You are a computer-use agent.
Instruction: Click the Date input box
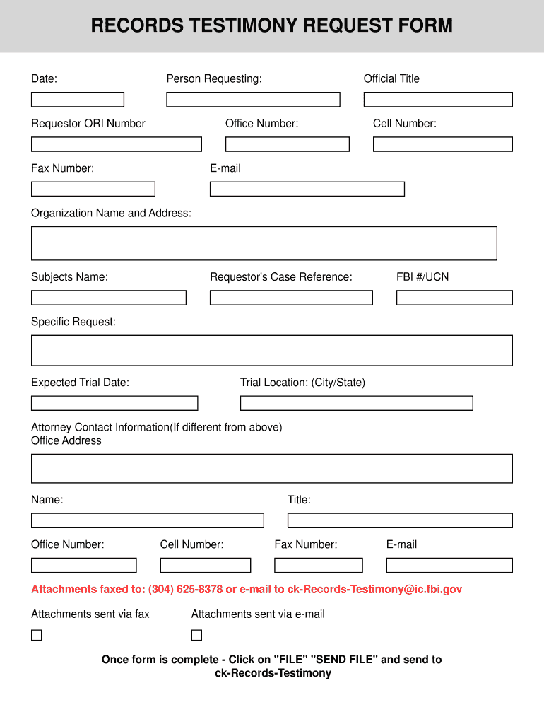point(77,100)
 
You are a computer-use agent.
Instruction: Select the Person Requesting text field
point(253,100)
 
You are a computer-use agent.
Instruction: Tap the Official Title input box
point(437,100)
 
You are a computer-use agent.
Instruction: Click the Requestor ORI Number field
point(116,144)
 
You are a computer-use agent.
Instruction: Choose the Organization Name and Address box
point(264,243)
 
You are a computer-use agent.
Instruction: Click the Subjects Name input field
point(108,298)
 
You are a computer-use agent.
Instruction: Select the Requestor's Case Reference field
point(291,298)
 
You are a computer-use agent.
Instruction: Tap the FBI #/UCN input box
point(454,298)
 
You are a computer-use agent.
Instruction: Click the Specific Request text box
point(271,351)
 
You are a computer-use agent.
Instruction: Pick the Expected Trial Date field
point(114,403)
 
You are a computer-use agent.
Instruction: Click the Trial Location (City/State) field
point(356,403)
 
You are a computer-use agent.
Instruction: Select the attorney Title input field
point(399,520)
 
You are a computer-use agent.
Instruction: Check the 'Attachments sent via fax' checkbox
point(37,635)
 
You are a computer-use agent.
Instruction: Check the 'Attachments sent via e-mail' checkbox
point(196,635)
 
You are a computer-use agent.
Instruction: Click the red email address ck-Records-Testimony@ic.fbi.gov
point(374,589)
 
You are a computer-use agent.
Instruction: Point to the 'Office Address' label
point(66,440)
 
